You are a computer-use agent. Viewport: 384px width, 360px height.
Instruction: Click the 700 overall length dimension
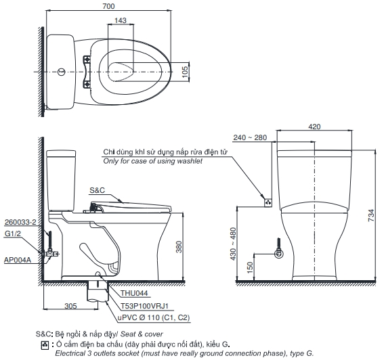[108, 6]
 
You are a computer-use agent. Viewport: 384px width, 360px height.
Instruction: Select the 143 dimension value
[121, 20]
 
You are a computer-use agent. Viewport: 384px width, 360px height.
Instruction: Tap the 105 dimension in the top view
[186, 72]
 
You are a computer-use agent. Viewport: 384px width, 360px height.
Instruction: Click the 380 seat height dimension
[179, 247]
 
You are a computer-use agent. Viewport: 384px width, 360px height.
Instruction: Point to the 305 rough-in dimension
[70, 306]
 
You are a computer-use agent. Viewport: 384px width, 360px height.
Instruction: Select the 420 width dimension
[314, 127]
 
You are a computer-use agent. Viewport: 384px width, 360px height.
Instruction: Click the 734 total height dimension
[371, 215]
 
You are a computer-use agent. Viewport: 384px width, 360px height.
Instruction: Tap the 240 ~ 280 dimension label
[250, 137]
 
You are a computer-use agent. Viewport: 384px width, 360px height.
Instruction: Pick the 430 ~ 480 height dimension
[233, 244]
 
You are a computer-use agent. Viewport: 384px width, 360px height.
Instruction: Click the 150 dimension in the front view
[250, 268]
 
